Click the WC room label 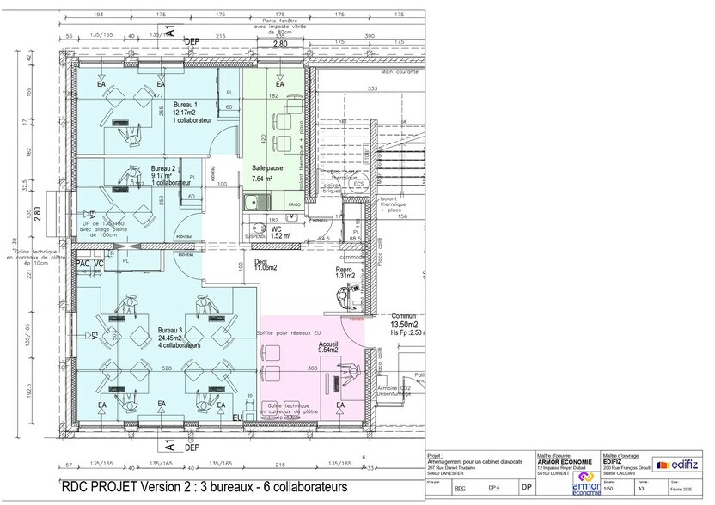pos(278,230)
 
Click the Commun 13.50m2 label pos(404,320)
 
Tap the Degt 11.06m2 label pos(264,264)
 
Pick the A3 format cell pos(641,488)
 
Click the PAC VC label pos(89,263)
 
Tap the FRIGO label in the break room pos(295,204)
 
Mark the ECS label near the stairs pos(358,183)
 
